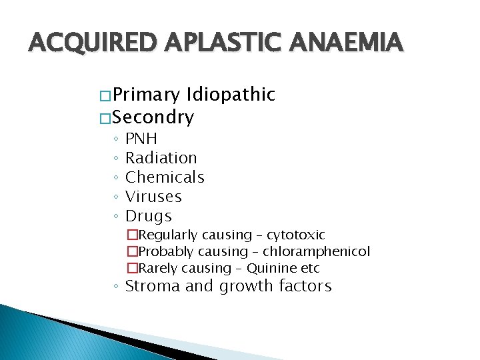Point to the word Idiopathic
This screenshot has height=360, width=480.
pos(231,95)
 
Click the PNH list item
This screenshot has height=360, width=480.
pos(141,139)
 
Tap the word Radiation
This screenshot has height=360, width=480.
pos(161,158)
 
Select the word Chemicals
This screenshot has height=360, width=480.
pos(165,177)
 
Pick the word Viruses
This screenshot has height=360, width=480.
pos(153,197)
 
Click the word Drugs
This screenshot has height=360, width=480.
pos(149,216)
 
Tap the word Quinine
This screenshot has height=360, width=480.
pos(269,268)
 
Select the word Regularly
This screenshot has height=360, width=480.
pos(168,235)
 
